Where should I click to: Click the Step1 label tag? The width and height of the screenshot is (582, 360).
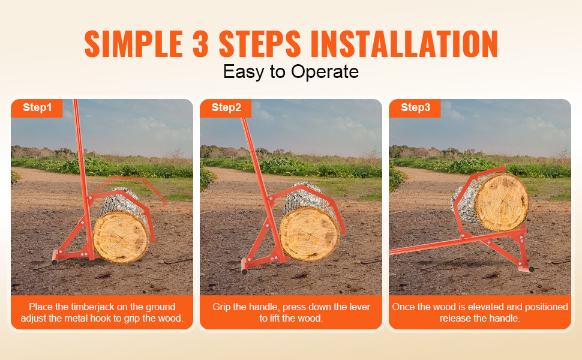[37, 108]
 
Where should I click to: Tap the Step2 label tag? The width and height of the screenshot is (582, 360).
[226, 108]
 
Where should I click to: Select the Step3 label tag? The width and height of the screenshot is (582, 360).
[415, 108]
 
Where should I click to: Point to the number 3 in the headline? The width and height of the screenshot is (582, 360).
[201, 44]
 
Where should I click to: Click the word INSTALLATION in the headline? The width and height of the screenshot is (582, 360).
[404, 44]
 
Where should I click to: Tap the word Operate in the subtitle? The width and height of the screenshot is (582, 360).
[325, 71]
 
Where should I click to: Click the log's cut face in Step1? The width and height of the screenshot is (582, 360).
[121, 237]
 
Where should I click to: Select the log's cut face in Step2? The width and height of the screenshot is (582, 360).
[309, 234]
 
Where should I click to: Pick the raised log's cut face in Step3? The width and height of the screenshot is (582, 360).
[502, 202]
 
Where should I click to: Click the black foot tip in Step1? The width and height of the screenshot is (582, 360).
[55, 262]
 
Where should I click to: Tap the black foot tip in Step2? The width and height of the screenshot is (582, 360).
[244, 272]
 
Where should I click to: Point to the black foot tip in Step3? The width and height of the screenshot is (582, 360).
[531, 269]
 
